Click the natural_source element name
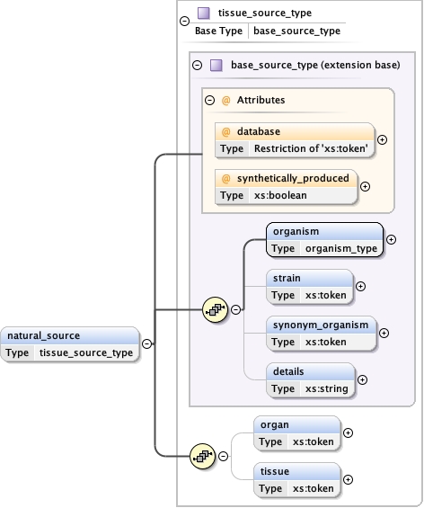(x=43, y=335)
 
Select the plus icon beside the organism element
(x=391, y=240)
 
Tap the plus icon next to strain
(x=361, y=286)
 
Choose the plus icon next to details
(x=364, y=379)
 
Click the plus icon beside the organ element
(x=349, y=432)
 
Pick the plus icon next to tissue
(x=349, y=479)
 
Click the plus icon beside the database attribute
(x=382, y=139)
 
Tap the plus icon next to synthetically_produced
(x=365, y=186)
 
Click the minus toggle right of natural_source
(x=146, y=343)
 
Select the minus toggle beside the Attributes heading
(x=209, y=101)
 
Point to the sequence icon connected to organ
(x=203, y=457)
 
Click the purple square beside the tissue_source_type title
(x=203, y=13)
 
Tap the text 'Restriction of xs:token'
(x=311, y=148)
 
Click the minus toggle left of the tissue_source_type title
(x=184, y=20)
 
